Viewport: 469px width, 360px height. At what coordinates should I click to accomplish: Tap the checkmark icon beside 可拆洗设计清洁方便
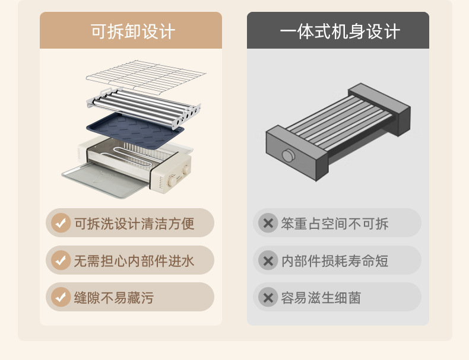[60, 223]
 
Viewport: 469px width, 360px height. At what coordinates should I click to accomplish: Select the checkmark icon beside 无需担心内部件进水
[60, 260]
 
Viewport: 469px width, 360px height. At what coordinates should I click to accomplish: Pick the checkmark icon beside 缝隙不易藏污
[60, 297]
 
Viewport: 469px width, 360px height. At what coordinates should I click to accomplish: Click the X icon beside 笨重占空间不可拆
[268, 223]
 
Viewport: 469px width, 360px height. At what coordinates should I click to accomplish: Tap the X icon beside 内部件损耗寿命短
[268, 260]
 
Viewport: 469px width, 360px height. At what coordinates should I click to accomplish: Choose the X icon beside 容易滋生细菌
[268, 297]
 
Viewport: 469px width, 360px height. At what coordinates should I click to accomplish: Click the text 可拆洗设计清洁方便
[134, 224]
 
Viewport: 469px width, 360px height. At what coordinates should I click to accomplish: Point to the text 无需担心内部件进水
[134, 260]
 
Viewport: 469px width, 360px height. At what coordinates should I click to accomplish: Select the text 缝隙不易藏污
[113, 298]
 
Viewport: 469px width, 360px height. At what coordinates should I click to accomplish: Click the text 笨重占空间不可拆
[335, 224]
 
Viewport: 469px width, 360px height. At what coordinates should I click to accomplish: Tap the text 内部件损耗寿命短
[335, 260]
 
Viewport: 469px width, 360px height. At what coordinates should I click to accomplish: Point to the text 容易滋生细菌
[321, 298]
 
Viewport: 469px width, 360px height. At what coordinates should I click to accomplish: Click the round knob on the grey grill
[289, 155]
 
